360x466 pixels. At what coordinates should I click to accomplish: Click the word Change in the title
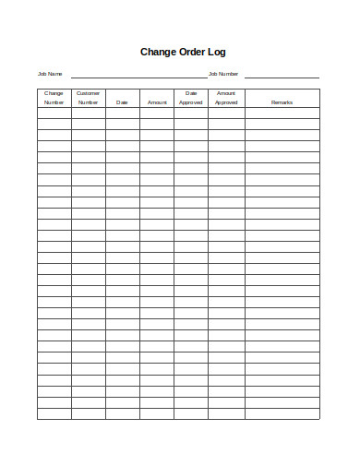coord(157,53)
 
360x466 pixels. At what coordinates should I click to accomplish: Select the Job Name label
coord(49,74)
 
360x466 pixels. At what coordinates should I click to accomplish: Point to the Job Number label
coord(223,74)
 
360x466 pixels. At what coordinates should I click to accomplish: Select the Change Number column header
coord(54,98)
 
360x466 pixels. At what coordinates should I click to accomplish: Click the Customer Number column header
coord(89,98)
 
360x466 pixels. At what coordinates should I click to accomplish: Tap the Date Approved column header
coord(191,98)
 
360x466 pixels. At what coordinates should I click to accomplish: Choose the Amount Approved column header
coord(226,98)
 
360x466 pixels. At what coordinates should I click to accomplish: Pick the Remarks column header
coord(282,102)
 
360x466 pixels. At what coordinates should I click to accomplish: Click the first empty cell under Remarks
coord(282,113)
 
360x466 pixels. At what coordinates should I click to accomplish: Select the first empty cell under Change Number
coord(54,113)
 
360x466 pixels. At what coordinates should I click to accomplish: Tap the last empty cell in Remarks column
coord(282,413)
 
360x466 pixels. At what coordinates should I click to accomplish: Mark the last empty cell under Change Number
coord(54,413)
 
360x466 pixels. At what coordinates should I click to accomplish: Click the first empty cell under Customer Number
coord(89,113)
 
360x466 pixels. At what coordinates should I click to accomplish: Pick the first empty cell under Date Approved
coord(191,113)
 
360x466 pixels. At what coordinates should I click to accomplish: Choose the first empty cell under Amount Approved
coord(226,113)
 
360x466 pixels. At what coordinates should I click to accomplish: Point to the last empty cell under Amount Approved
coord(226,413)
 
